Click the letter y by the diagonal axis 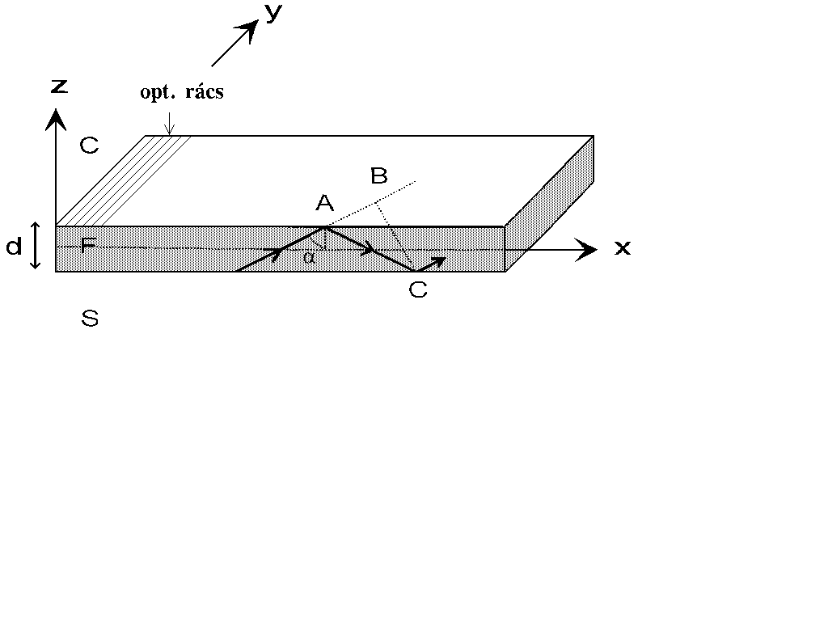(x=273, y=13)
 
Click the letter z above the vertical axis (x=60, y=87)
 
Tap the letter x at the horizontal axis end (x=623, y=247)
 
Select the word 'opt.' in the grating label (x=157, y=92)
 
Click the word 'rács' (x=205, y=92)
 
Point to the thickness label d (x=15, y=246)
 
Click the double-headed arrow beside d (x=36, y=246)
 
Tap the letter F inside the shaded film (x=89, y=244)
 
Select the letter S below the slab (x=90, y=319)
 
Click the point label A (x=325, y=203)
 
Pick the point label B (x=378, y=175)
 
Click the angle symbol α (x=309, y=257)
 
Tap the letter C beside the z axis (x=89, y=145)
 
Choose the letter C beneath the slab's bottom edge (x=418, y=289)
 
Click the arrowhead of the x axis (x=585, y=249)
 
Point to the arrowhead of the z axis (x=56, y=119)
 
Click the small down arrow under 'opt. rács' (x=169, y=123)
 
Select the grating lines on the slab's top (x=124, y=180)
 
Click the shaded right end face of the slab (x=549, y=203)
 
